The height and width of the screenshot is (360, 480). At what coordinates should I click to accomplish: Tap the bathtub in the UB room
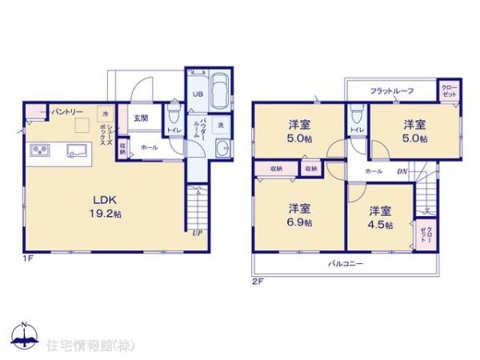tap(220, 85)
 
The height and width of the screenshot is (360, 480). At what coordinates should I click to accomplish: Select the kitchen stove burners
tap(41, 150)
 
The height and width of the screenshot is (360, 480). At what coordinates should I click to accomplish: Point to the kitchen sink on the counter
tap(77, 149)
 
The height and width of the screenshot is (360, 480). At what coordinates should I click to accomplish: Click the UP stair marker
tap(196, 233)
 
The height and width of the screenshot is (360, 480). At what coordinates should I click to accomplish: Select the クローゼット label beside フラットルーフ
tap(448, 91)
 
